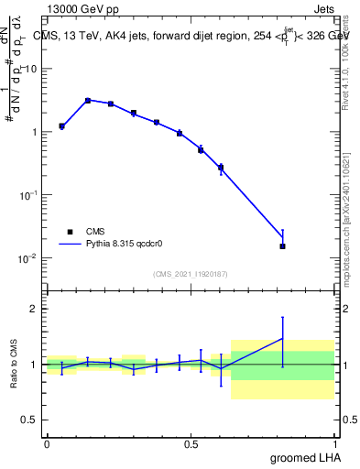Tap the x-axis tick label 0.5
pyautogui.click(x=191, y=443)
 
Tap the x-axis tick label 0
pyautogui.click(x=47, y=443)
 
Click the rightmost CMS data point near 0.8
pyautogui.click(x=282, y=245)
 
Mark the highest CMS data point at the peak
pyautogui.click(x=88, y=101)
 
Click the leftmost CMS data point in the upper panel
pyautogui.click(x=61, y=126)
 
